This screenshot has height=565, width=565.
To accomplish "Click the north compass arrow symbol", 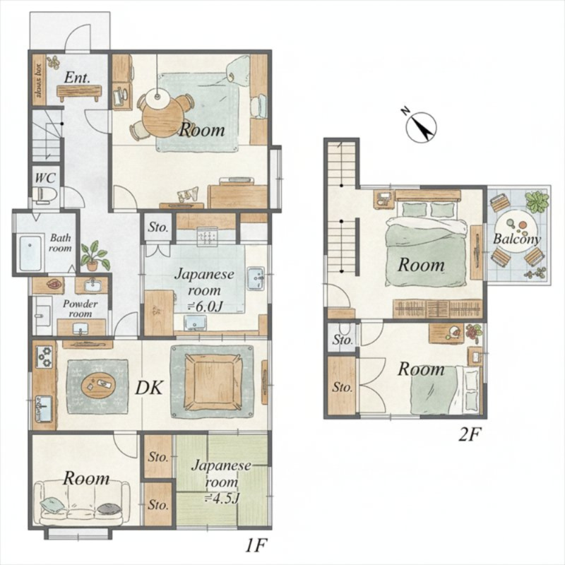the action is pyautogui.click(x=421, y=127).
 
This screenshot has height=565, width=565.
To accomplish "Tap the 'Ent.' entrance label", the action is pyautogui.click(x=77, y=77).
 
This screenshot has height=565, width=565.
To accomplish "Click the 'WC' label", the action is pyautogui.click(x=45, y=178).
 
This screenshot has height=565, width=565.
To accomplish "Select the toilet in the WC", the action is pyautogui.click(x=45, y=195).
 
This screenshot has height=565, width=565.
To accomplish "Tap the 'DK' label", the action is pyautogui.click(x=150, y=388).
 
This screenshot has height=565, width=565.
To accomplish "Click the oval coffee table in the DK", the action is pyautogui.click(x=99, y=384).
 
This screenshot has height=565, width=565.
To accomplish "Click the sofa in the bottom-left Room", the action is pyautogui.click(x=81, y=504).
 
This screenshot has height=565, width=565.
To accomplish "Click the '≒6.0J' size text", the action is pyautogui.click(x=204, y=307).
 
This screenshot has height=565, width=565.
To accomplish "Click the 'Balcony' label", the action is pyautogui.click(x=516, y=239).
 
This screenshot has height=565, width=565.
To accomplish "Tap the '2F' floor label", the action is pyautogui.click(x=469, y=436).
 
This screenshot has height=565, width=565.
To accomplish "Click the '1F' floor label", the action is pyautogui.click(x=256, y=547).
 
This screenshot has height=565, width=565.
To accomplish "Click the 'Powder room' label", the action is pyautogui.click(x=80, y=309).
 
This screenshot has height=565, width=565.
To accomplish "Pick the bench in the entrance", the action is pyautogui.click(x=79, y=93).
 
